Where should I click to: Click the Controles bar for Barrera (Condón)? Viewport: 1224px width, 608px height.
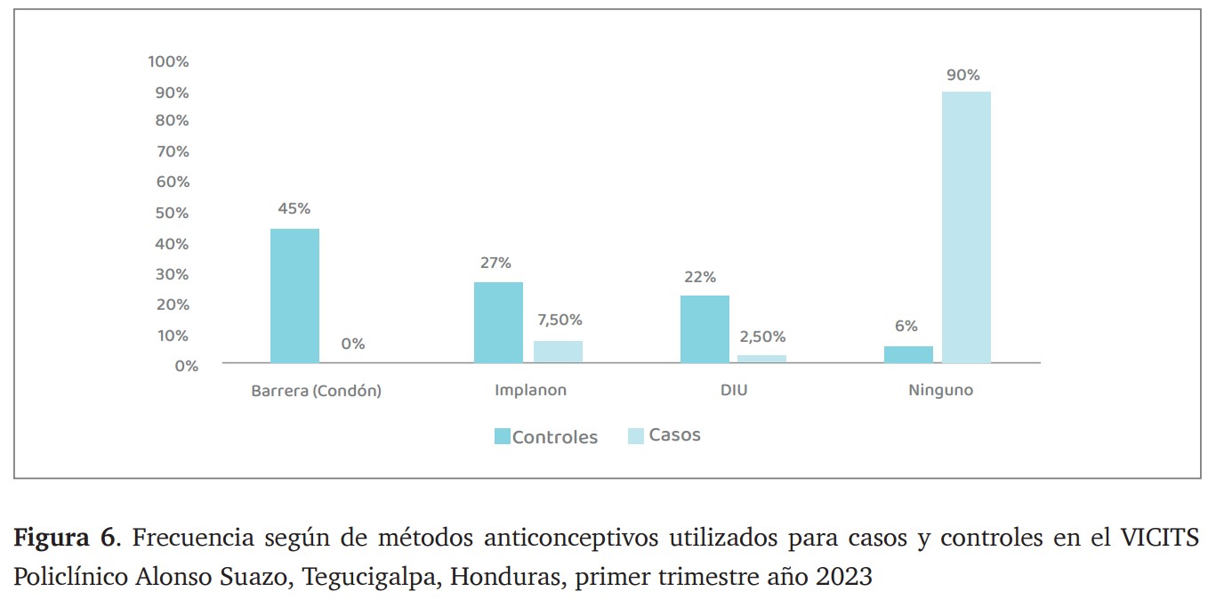294,296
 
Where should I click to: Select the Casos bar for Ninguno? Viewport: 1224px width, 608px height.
966,227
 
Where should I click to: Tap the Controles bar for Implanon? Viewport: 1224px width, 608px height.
498,322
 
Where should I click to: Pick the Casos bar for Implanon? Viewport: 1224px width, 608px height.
558,352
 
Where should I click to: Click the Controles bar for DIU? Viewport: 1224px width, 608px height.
705,328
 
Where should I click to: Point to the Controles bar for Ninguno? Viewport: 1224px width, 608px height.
908,354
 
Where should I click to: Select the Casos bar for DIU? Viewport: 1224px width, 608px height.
761,359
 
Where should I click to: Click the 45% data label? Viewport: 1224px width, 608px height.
294,208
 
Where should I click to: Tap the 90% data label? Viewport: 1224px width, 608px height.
962,75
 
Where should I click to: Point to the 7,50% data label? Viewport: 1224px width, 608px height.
560,320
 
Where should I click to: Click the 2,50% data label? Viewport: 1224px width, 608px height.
762,336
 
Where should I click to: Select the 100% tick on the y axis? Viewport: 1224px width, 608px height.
168,61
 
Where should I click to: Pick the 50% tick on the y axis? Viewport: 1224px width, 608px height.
172,213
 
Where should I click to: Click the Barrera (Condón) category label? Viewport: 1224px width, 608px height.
316,390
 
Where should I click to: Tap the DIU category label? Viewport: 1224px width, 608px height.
734,390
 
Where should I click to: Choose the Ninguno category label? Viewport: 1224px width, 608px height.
940,390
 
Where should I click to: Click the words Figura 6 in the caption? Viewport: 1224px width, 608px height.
63,538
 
